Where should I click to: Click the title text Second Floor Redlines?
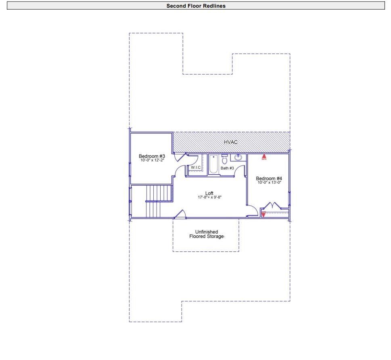click(196, 6)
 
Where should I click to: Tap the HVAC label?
click(231, 142)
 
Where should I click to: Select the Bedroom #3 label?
click(152, 156)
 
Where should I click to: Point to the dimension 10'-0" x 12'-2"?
click(152, 160)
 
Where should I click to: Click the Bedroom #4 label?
click(269, 178)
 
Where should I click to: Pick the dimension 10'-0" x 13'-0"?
click(269, 182)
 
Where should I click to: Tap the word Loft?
click(209, 193)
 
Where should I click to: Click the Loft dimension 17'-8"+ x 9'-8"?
click(210, 197)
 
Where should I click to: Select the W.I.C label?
click(196, 167)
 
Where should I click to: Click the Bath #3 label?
click(227, 168)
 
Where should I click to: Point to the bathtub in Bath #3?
click(213, 164)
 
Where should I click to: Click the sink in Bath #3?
click(238, 157)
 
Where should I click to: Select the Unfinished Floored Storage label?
click(206, 234)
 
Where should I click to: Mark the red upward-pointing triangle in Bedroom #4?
click(264, 156)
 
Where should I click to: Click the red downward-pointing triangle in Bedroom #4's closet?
click(263, 214)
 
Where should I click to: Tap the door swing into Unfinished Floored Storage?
click(180, 214)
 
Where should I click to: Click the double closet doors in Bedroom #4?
click(274, 206)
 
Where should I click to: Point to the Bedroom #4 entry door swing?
click(252, 211)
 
